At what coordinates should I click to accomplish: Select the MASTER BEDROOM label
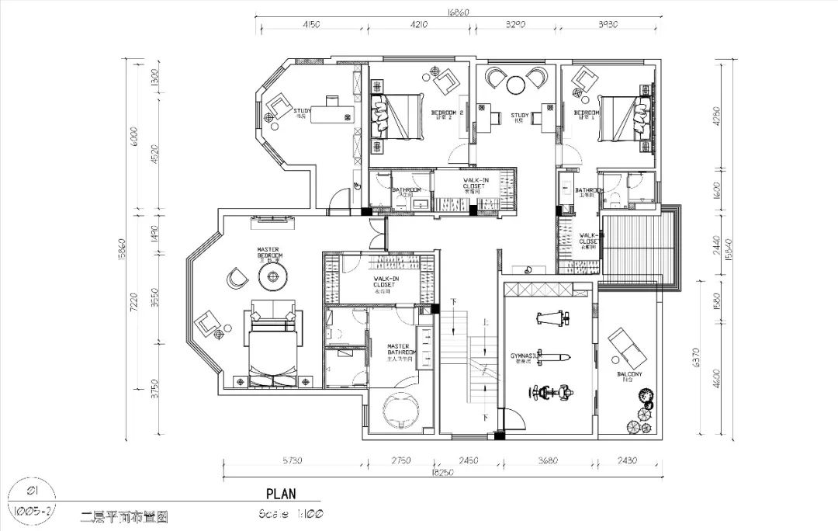269,254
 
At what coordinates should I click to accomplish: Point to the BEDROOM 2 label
447,115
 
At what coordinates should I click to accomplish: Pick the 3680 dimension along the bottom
547,460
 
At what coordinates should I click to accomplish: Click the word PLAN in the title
280,493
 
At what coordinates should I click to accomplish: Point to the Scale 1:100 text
291,514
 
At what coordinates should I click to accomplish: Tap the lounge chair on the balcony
627,349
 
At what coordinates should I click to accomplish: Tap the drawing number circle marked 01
33,491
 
